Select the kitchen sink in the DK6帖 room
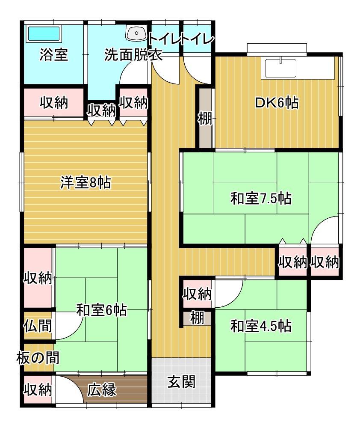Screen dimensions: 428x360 [x=281, y=67]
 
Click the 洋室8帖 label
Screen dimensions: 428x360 [x=85, y=183]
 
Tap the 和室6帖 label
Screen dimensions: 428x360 [x=101, y=310]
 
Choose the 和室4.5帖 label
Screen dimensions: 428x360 [x=261, y=327]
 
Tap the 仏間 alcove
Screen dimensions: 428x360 [x=38, y=326]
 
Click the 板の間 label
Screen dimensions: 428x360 [x=38, y=357]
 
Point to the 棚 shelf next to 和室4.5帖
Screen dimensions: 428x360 [x=197, y=318]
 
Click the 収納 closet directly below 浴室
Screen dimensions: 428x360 [x=54, y=103]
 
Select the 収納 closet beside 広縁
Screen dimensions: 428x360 [x=38, y=390]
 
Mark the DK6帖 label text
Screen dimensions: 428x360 [x=277, y=103]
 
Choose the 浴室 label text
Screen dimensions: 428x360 [x=54, y=55]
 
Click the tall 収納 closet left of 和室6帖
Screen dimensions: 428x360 [x=38, y=278]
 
